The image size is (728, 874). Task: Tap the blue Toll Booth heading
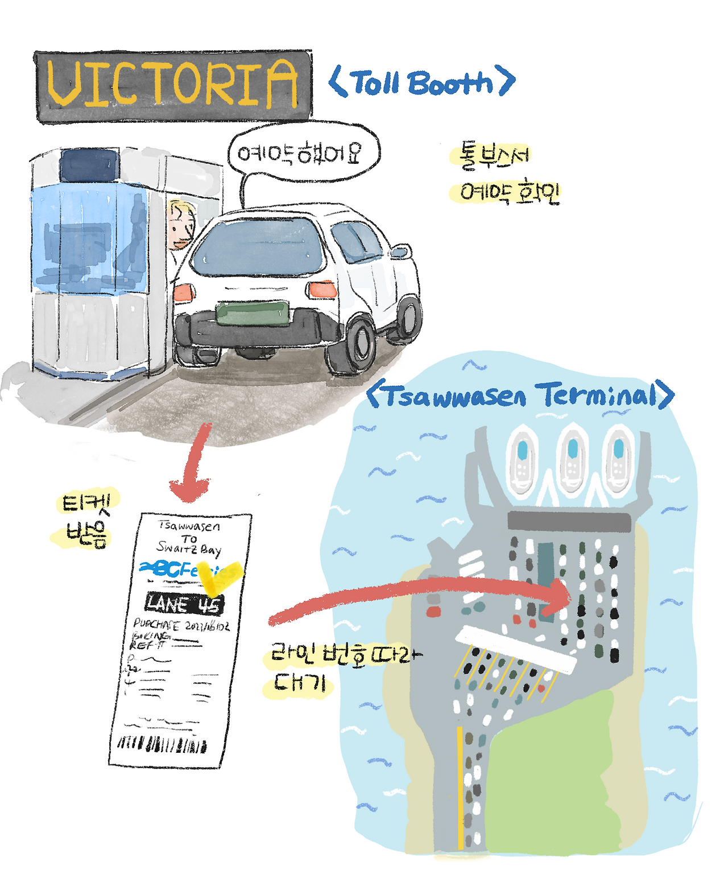422,83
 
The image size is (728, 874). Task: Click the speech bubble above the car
303,152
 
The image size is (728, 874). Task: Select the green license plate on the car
253,314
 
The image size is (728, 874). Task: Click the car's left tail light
184,292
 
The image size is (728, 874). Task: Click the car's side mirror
400,252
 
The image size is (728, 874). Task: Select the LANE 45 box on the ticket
184,604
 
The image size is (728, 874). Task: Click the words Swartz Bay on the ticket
189,549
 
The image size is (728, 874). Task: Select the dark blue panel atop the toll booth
89,166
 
